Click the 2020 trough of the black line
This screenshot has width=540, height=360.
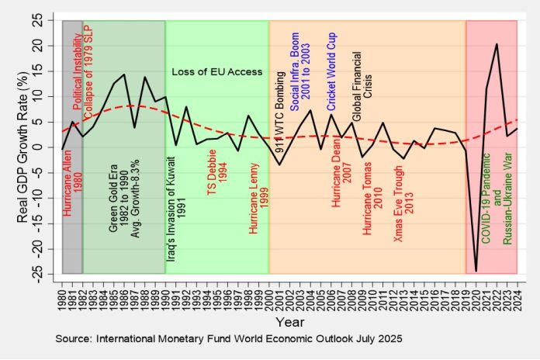(476, 271)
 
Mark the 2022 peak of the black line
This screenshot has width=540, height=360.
(497, 44)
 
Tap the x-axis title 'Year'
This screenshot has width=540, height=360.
(289, 320)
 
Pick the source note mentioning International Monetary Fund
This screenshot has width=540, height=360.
(229, 340)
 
